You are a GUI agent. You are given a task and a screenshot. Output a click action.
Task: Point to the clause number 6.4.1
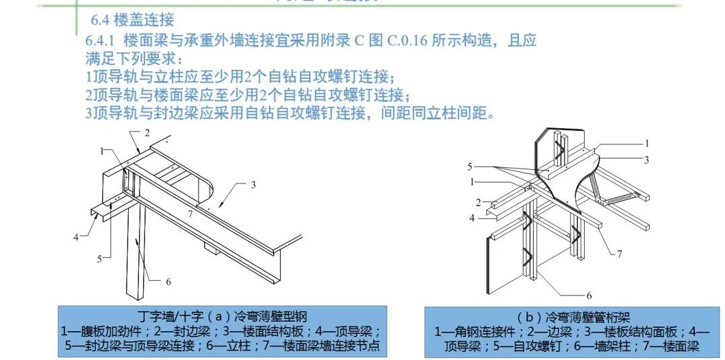coord(101,40)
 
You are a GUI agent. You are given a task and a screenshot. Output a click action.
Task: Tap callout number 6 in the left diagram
coord(168,281)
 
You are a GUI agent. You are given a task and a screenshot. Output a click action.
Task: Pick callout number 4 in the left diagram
coord(76,236)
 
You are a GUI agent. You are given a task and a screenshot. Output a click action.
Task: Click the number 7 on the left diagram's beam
coord(190,214)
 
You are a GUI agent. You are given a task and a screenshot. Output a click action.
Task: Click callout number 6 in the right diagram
coord(589,296)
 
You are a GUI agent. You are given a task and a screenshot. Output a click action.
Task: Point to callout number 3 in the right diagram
coord(646,160)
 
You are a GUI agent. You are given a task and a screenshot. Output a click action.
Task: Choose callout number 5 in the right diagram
coord(471,165)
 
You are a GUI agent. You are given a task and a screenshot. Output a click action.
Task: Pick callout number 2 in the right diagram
coord(478,202)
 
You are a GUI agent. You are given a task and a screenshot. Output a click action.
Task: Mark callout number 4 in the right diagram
coord(472,218)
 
